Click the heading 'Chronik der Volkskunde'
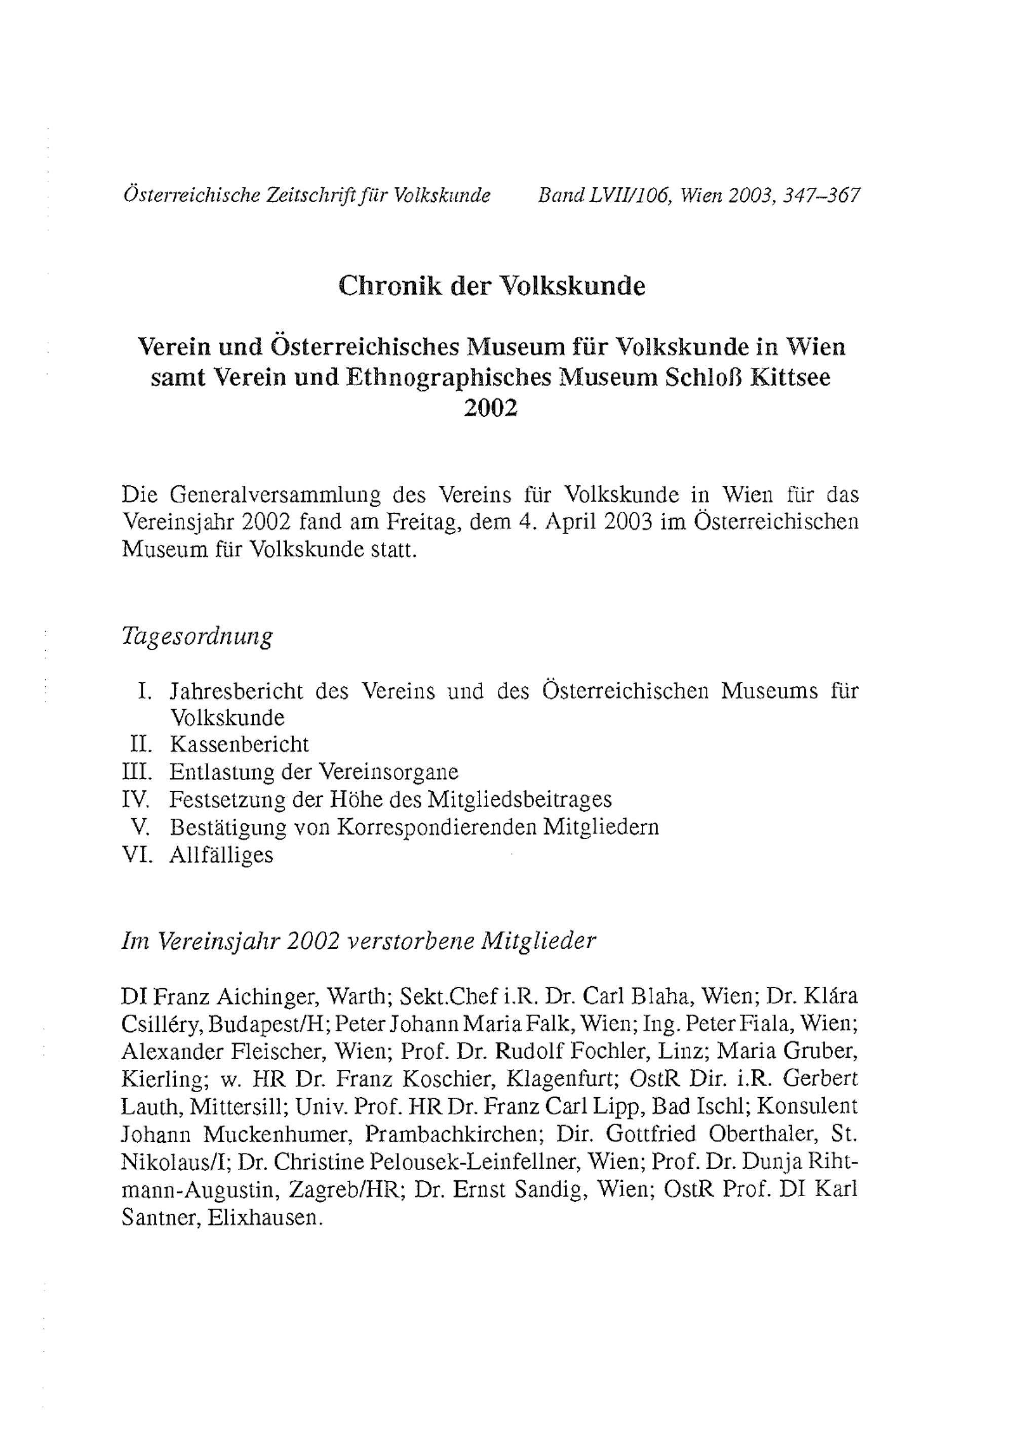[x=491, y=286]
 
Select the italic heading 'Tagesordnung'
[x=197, y=637]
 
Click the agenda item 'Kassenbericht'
[x=239, y=745]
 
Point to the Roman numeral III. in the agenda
[x=137, y=772]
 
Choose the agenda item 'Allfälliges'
[x=221, y=855]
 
